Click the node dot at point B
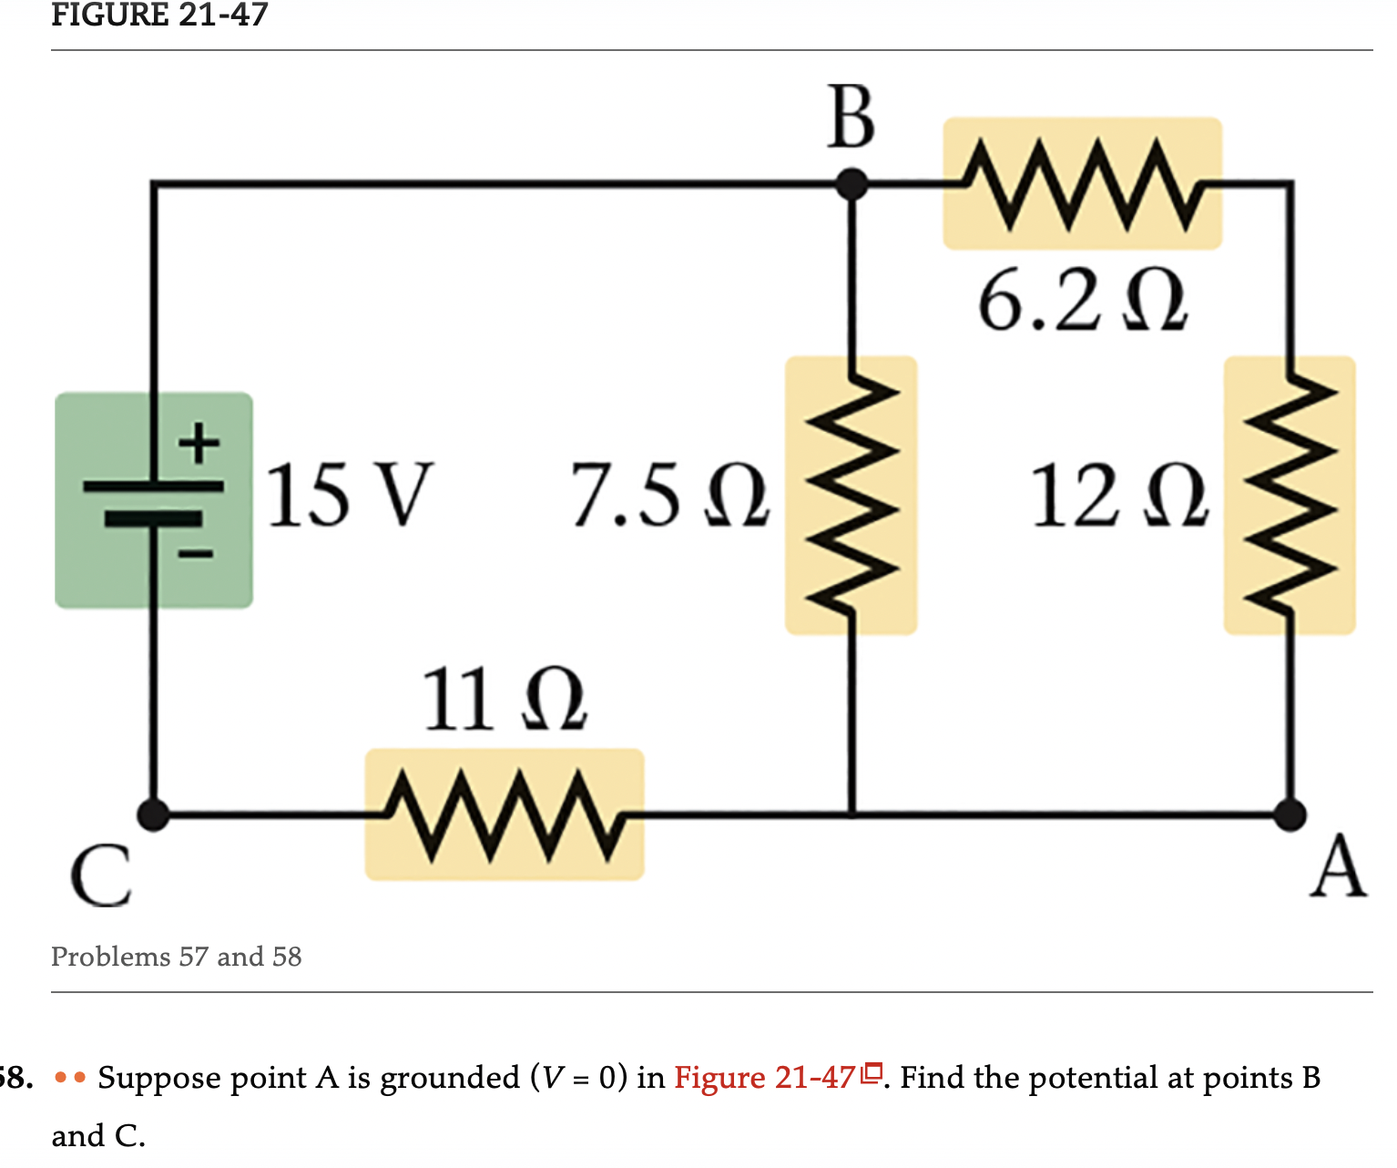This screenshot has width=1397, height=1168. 851,184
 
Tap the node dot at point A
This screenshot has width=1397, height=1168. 1290,814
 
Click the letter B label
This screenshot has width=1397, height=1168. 851,118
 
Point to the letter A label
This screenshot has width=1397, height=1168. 1338,868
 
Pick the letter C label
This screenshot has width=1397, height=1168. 100,876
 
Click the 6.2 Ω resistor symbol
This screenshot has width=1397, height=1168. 1082,183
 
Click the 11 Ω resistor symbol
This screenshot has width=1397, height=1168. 505,815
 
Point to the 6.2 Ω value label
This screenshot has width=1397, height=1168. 1082,302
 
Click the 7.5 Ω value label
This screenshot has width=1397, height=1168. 670,496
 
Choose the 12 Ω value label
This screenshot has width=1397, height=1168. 1119,497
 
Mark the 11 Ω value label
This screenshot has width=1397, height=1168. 505,700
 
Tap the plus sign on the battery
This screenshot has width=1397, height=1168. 199,444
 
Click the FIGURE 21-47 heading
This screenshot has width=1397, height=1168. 159,15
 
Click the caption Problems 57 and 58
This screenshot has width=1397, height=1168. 177,957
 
